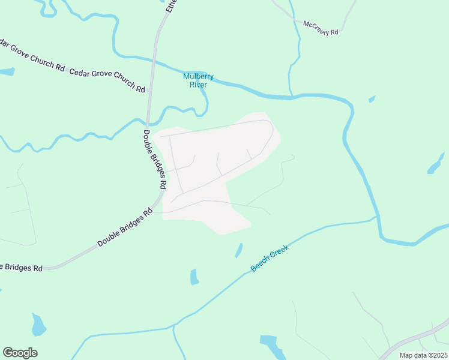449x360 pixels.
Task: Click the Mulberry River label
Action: click(199, 80)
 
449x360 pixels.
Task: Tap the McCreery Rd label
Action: click(321, 28)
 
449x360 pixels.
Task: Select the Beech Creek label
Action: click(270, 257)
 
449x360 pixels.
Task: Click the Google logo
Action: click(20, 353)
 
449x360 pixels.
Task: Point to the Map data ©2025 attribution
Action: click(423, 355)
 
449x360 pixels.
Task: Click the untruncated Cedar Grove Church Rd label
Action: click(107, 80)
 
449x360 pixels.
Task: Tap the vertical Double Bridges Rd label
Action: click(154, 160)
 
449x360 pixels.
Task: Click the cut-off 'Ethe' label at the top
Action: click(170, 7)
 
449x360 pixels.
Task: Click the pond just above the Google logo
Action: click(38, 325)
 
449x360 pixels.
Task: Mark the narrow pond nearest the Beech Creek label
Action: click(239, 250)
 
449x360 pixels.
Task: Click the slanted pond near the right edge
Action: click(436, 163)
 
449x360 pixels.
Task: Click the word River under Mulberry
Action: click(199, 85)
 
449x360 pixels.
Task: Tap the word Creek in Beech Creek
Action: click(279, 252)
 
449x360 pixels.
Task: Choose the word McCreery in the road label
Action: click(317, 26)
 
